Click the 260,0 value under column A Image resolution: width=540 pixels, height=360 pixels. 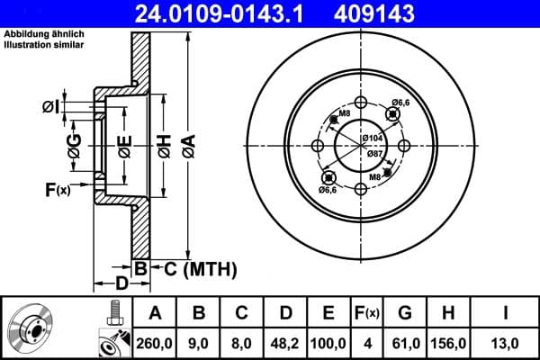156,343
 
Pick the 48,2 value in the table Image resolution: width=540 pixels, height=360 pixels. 286,343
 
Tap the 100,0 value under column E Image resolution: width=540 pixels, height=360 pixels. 329,343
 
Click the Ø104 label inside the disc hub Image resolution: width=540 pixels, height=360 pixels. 373,138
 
